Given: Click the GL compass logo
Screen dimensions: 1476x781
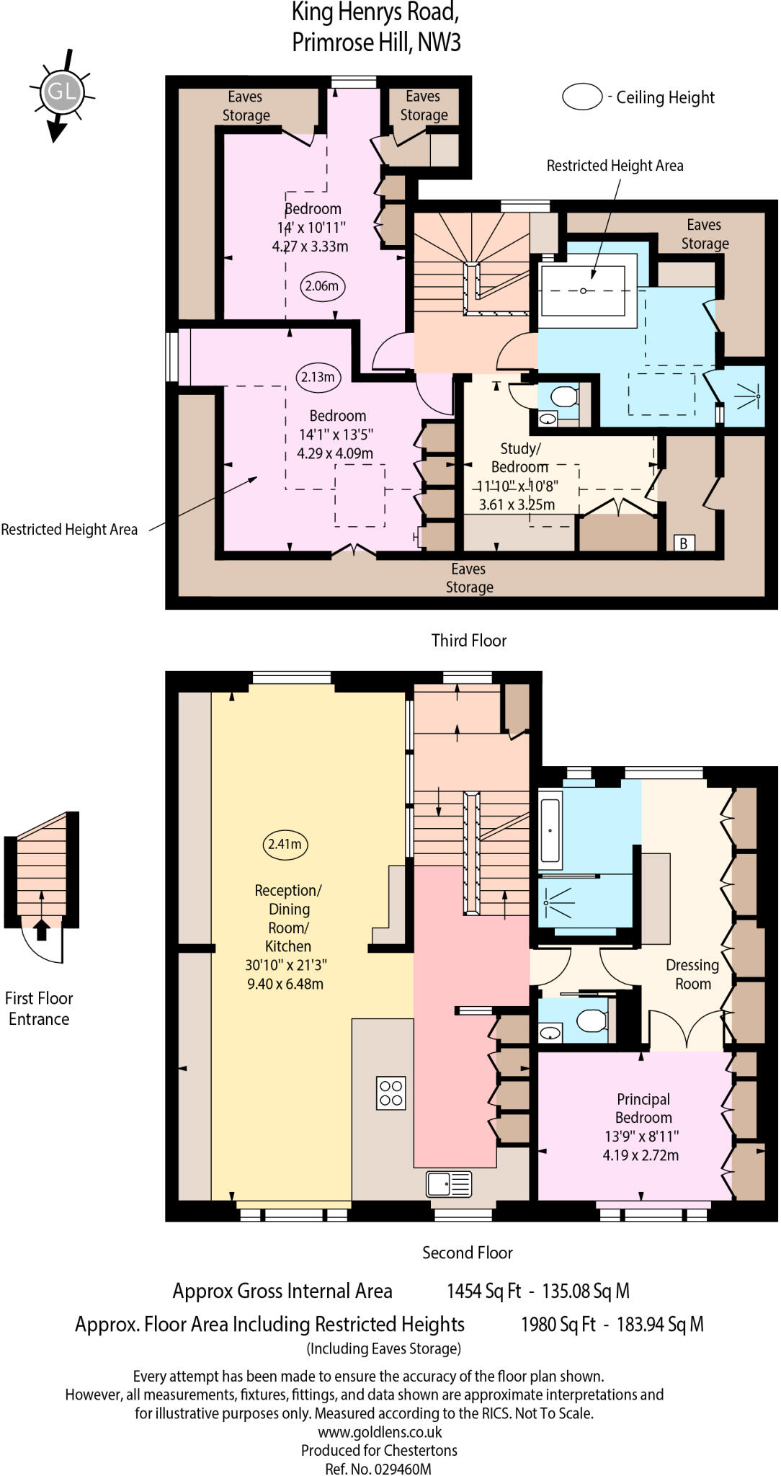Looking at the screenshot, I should [x=61, y=92].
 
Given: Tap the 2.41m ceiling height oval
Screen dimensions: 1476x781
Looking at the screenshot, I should [x=285, y=844].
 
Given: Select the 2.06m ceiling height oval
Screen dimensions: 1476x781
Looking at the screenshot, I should [x=321, y=285].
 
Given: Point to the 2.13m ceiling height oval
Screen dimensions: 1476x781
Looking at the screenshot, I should [x=318, y=377].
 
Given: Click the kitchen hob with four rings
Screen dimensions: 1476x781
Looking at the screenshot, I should [x=390, y=1093].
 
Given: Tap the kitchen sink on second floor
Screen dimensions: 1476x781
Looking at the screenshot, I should [x=449, y=1183].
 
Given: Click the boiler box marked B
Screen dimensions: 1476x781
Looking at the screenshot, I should [x=684, y=543].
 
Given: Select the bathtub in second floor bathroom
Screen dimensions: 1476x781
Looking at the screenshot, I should [x=550, y=830].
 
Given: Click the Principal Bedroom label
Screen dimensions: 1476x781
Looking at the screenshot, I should [x=643, y=1108].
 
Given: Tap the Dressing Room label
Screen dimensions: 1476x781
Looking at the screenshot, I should [x=692, y=974].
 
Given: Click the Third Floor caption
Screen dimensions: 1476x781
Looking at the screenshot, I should [x=468, y=640].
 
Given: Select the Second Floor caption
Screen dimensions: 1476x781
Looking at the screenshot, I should [x=467, y=1253].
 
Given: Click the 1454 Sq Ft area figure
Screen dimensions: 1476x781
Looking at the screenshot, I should [x=483, y=1291].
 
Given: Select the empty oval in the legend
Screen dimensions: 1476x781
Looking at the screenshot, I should [x=582, y=97].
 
